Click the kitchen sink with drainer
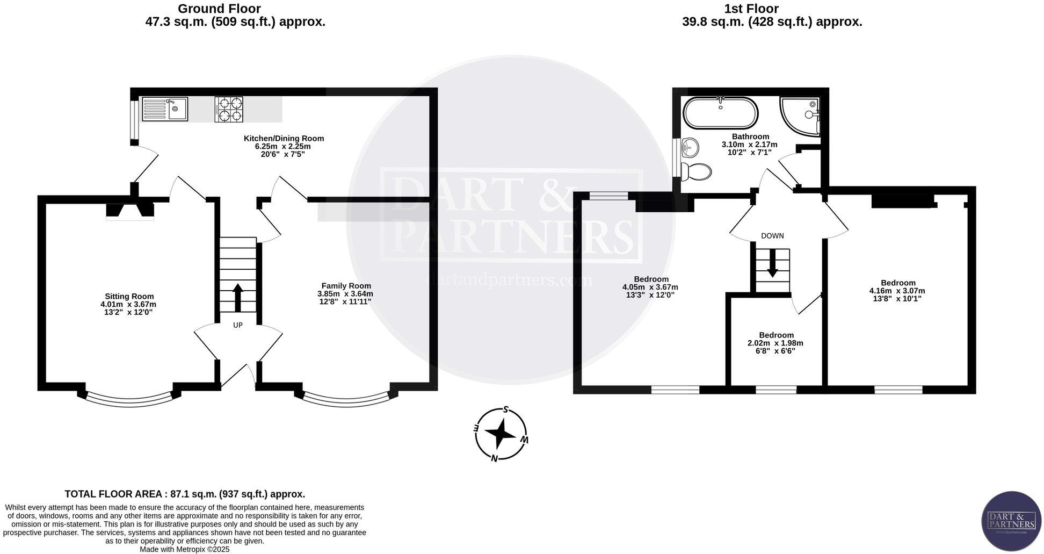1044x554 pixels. (x=165, y=109)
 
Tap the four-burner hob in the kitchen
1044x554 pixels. (x=229, y=109)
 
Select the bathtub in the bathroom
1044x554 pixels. (x=720, y=113)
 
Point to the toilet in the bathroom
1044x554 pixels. (x=697, y=171)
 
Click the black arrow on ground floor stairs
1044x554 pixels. (x=238, y=298)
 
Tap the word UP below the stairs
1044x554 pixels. (x=238, y=325)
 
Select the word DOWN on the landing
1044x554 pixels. (x=772, y=236)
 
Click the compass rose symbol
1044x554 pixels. (x=501, y=434)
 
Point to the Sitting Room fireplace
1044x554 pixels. (x=130, y=211)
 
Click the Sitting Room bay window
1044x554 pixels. (x=129, y=399)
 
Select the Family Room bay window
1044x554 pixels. (x=346, y=399)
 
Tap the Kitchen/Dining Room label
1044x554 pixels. (x=284, y=139)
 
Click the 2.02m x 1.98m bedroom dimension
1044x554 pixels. (x=775, y=343)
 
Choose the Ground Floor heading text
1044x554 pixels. (x=219, y=9)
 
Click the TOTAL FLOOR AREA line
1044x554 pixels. (x=185, y=494)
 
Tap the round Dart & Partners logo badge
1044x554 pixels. (x=1011, y=521)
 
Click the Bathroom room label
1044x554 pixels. (x=750, y=136)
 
